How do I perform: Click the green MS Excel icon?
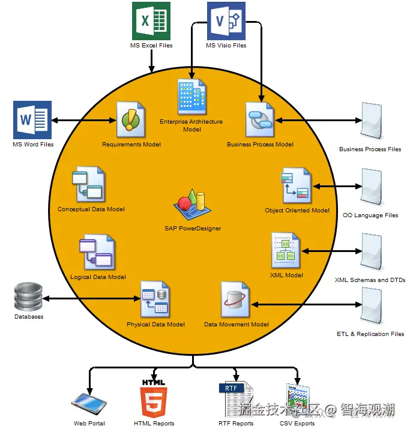coord(151,21)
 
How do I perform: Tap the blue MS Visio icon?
coord(226,21)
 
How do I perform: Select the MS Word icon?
coord(32,120)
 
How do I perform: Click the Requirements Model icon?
coord(130,119)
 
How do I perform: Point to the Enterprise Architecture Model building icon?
coord(192,97)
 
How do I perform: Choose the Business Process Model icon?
coord(260,119)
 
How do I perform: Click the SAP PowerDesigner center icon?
coord(192,204)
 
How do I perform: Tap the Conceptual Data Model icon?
coord(88,184)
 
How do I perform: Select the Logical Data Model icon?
coord(97,252)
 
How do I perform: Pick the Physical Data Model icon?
coord(155,299)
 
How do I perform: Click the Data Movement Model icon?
coord(235,299)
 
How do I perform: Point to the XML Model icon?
coord(286,250)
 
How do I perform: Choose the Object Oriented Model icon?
coord(296,185)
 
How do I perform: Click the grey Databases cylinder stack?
coord(28,296)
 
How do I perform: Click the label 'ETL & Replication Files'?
coord(370,334)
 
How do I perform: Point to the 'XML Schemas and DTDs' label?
coord(370,280)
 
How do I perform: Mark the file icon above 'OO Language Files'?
coord(372,187)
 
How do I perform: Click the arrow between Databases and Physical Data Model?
coord(92,298)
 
